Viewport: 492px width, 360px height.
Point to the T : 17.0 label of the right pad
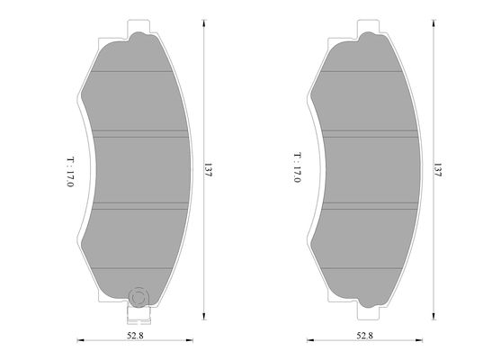295,167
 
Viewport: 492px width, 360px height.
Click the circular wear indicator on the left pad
139,296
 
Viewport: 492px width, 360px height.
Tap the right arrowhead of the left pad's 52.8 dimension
193,341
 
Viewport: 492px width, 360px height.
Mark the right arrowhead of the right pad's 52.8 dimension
423,341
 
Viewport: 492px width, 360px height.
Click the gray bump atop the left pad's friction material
139,38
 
